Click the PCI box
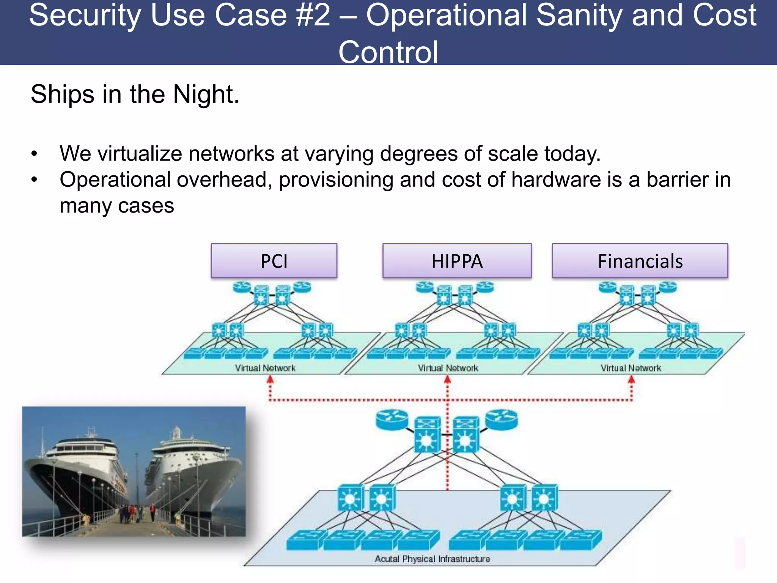(x=274, y=261)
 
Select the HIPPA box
(x=457, y=261)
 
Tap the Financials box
(x=640, y=261)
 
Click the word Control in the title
(x=388, y=52)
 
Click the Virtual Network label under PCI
(x=265, y=368)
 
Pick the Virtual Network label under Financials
(x=631, y=368)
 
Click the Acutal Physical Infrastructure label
(x=432, y=559)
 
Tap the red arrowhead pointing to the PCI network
(x=270, y=379)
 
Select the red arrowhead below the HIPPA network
(x=447, y=379)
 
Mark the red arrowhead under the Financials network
(x=631, y=379)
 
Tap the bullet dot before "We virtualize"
(x=35, y=154)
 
